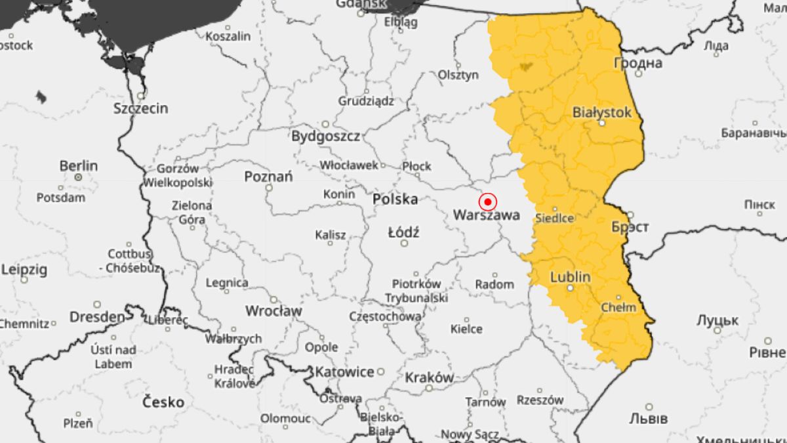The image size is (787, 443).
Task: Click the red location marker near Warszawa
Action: tap(487, 201)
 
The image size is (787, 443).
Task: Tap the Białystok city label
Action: tap(601, 112)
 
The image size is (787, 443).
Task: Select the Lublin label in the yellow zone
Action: tap(570, 277)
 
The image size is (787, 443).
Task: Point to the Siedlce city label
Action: tap(555, 218)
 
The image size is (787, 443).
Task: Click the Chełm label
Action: tap(618, 306)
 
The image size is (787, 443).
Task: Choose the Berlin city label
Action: tap(78, 165)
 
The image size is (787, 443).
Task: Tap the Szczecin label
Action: tap(140, 108)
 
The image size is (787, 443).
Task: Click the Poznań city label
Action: tap(268, 177)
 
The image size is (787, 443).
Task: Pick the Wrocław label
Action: tap(273, 310)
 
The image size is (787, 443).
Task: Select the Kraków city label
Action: tap(429, 377)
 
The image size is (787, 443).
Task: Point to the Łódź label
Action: tap(403, 232)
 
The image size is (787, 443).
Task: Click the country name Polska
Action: tap(395, 199)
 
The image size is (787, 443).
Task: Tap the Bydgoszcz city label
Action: tap(325, 137)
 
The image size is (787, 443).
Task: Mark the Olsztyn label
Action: tap(458, 75)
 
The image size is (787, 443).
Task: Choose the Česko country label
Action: tap(163, 402)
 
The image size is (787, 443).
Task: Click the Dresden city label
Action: tap(96, 317)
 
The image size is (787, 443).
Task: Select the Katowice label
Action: tap(344, 372)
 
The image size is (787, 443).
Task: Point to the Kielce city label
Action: tap(466, 329)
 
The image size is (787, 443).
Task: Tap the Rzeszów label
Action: tap(540, 400)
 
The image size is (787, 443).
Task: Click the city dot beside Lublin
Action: tap(570, 288)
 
